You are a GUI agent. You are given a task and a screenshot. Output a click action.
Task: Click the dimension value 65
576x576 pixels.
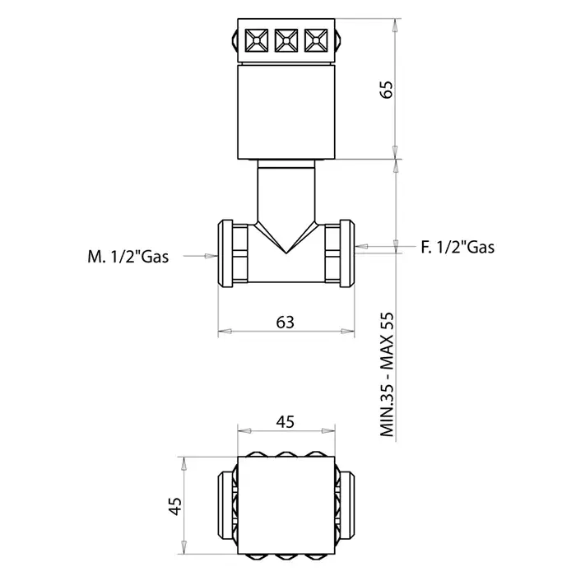[386, 89]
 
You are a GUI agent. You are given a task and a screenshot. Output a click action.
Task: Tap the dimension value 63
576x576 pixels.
[285, 323]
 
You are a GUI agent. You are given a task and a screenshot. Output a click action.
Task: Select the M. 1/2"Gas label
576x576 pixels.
[128, 257]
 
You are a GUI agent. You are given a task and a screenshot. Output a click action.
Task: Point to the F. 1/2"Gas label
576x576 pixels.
[458, 247]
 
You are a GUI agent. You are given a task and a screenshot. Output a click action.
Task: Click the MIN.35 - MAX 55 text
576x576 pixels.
[388, 374]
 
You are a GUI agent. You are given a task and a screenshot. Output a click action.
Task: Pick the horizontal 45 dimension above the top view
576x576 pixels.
[285, 422]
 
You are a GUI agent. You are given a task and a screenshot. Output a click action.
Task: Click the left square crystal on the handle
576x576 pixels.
[257, 40]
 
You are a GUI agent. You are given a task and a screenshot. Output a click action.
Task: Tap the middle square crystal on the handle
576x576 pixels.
[286, 40]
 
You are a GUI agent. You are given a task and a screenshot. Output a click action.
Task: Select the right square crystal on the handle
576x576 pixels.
[316, 40]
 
